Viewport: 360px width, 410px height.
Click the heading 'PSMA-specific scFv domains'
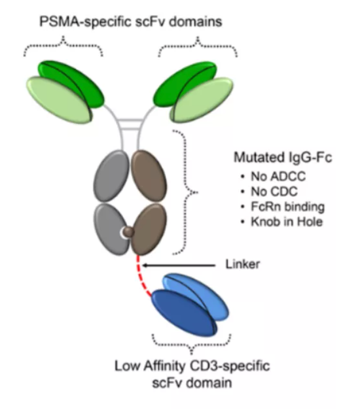pyautogui.click(x=131, y=22)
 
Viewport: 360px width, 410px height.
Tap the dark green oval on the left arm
pyautogui.click(x=79, y=78)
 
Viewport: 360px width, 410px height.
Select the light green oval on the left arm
pyautogui.click(x=59, y=99)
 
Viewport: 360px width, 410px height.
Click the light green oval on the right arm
pyautogui.click(x=203, y=99)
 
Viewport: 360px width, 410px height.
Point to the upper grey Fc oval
pyautogui.click(x=111, y=176)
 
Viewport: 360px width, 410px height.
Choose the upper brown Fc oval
pyautogui.click(x=149, y=176)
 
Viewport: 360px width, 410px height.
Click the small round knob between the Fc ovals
pyautogui.click(x=129, y=232)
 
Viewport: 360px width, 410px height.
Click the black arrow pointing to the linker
pyautogui.click(x=179, y=265)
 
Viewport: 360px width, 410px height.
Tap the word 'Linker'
pyautogui.click(x=243, y=264)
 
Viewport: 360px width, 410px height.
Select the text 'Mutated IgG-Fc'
pyautogui.click(x=283, y=158)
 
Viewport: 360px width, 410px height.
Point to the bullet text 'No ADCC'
pyautogui.click(x=278, y=177)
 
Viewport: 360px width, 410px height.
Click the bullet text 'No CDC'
pyautogui.click(x=274, y=192)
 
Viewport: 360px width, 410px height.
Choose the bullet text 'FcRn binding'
pyautogui.click(x=287, y=207)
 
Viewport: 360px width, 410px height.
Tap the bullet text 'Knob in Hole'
pyautogui.click(x=287, y=222)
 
